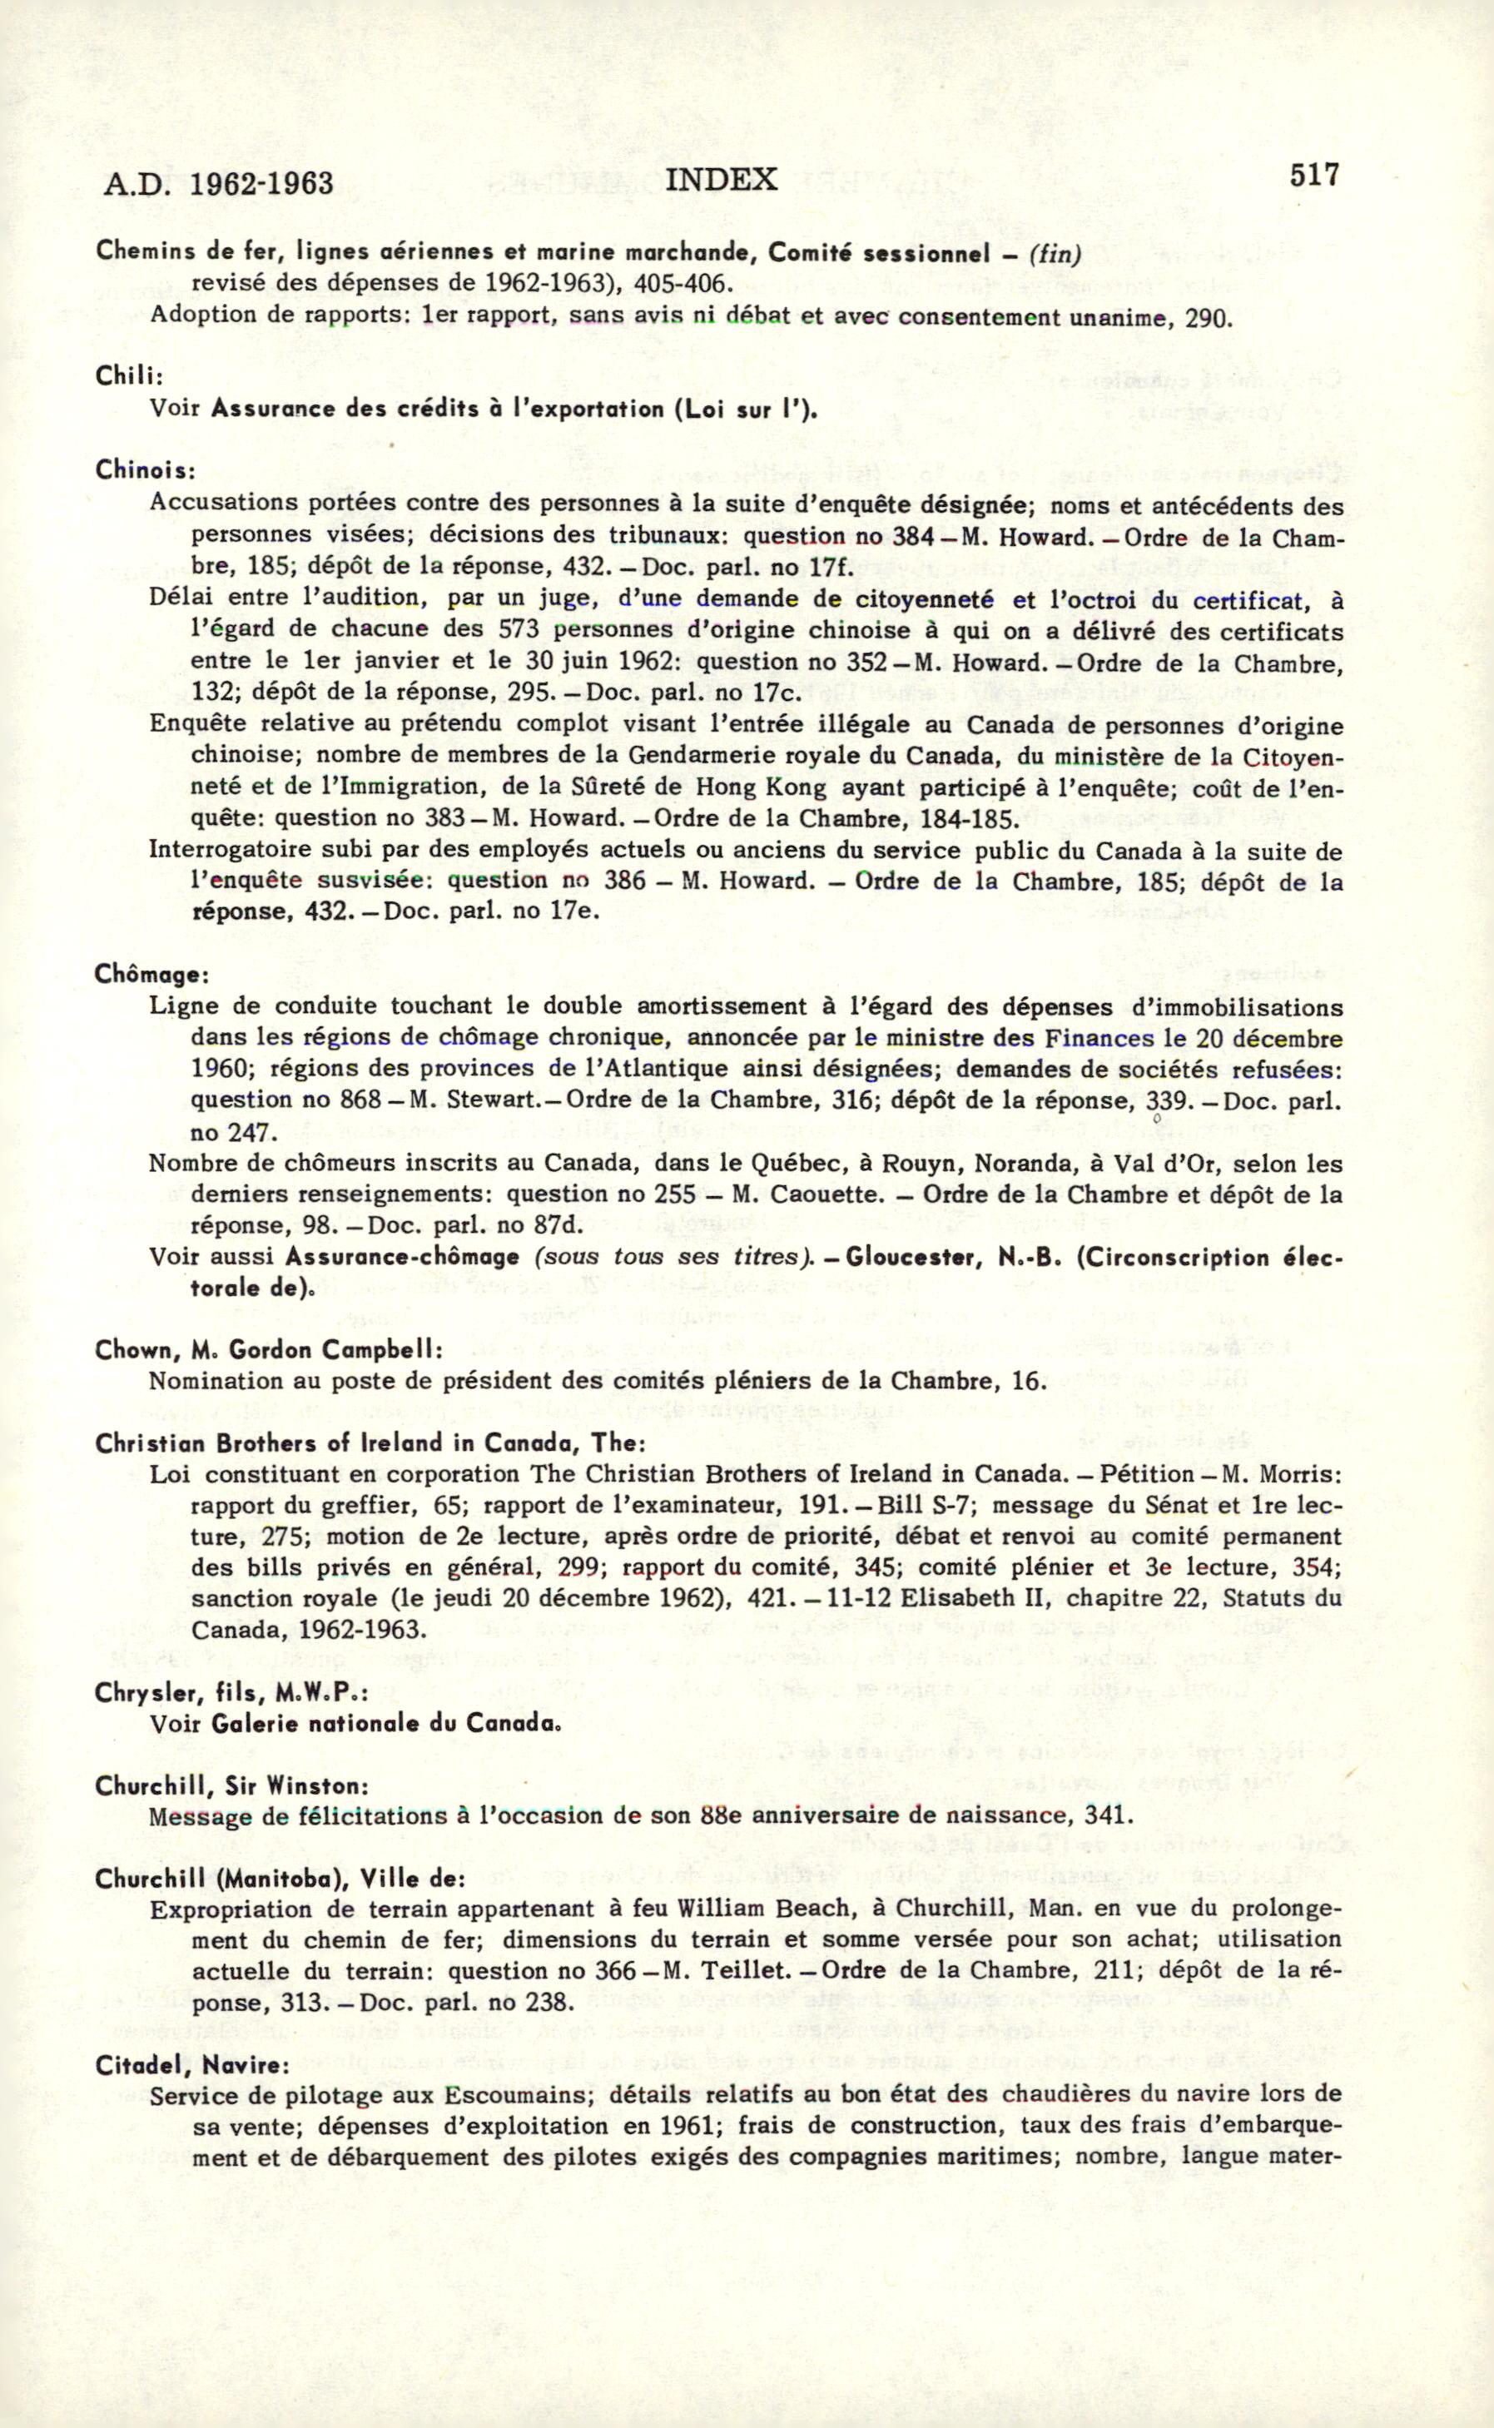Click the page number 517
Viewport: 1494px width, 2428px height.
click(x=1313, y=175)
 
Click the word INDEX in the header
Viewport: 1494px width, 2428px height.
click(x=722, y=179)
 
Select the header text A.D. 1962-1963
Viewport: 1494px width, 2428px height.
click(x=217, y=184)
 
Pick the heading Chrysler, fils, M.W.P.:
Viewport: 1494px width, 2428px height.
click(x=231, y=1693)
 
